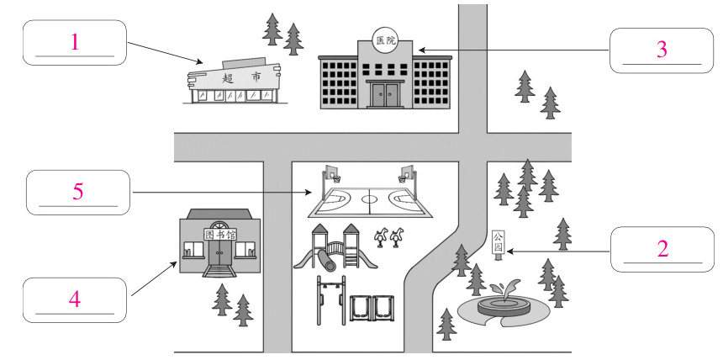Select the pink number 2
662,249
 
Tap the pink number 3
662,49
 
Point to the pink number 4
75,299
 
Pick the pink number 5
77,192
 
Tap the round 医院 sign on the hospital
384,40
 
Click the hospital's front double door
385,94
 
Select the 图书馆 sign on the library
220,235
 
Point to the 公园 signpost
498,245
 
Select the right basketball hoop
407,175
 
